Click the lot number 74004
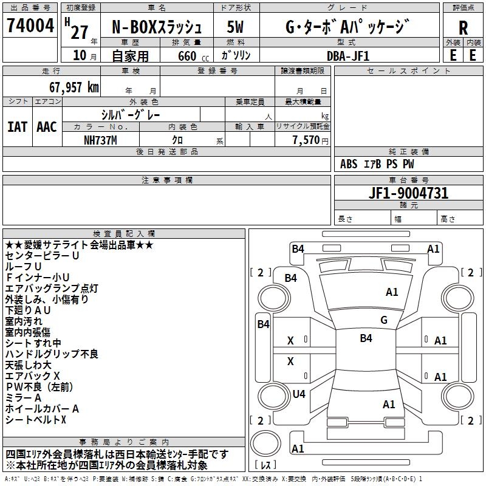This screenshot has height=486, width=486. pyautogui.click(x=30, y=26)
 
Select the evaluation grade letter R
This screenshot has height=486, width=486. pyautogui.click(x=463, y=27)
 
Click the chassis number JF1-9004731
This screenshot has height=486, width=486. pyautogui.click(x=409, y=193)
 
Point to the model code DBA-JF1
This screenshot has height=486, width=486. pyautogui.click(x=348, y=55)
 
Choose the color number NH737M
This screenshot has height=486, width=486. pyautogui.click(x=100, y=140)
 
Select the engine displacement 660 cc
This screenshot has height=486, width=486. pyautogui.click(x=183, y=55)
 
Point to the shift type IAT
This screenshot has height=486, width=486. pyautogui.click(x=17, y=127)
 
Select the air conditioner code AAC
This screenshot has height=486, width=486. pyautogui.click(x=46, y=127)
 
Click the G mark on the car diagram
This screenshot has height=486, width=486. pyautogui.click(x=384, y=320)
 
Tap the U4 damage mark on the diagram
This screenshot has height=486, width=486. pyautogui.click(x=299, y=394)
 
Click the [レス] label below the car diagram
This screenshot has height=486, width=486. pyautogui.click(x=268, y=465)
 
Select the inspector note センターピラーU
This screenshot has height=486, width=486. pyautogui.click(x=42, y=256)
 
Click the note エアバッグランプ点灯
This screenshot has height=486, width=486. pyautogui.click(x=52, y=289)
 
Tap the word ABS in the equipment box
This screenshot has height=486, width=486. pyautogui.click(x=349, y=164)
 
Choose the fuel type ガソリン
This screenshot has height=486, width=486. pyautogui.click(x=236, y=55)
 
